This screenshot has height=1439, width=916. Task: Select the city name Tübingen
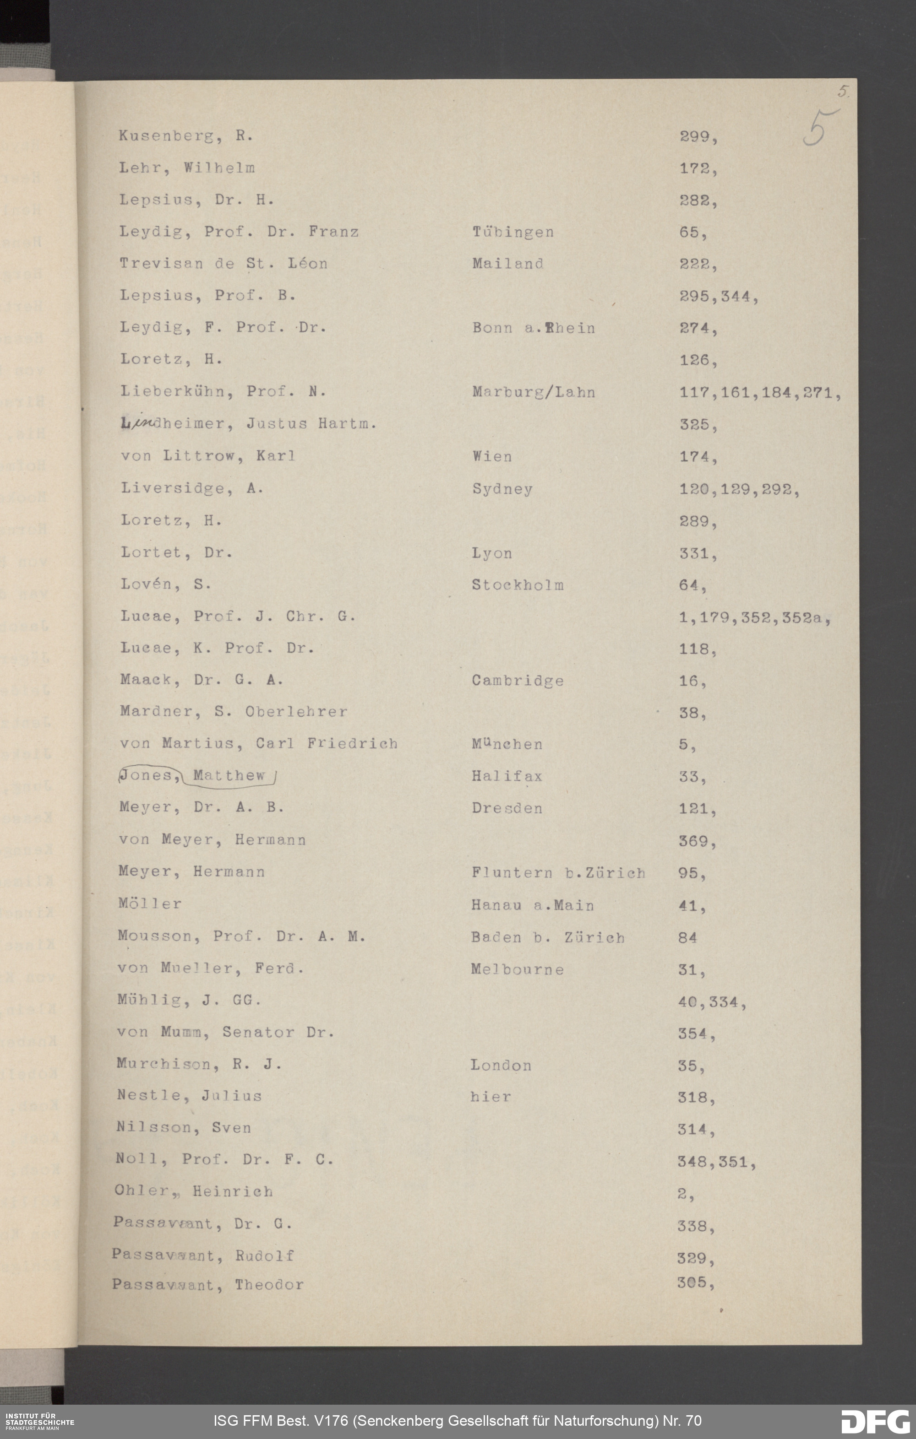[513, 232]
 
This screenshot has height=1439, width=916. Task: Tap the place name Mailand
[507, 264]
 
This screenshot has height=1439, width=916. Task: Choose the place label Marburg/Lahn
[533, 392]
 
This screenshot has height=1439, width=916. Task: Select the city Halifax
[507, 776]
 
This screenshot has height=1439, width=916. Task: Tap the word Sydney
[502, 489]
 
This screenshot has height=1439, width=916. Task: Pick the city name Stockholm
[517, 584]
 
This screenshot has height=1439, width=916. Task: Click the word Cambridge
[517, 680]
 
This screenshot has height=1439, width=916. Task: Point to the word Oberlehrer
[296, 712]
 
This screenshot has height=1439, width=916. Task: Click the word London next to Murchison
[501, 1065]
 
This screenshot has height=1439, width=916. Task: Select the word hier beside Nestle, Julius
[490, 1097]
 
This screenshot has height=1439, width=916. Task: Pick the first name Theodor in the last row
[268, 1284]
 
